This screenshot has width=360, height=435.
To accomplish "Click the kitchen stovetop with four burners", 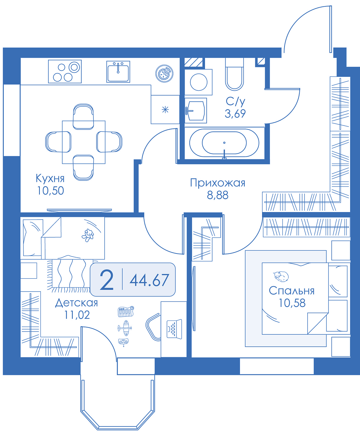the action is (65, 71).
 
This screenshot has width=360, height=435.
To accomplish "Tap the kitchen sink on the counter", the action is (118, 71).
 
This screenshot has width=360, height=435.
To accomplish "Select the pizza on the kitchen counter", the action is (164, 73).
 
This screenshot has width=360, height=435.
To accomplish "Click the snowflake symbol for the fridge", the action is (165, 109).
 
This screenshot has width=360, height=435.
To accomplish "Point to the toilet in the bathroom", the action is (235, 74).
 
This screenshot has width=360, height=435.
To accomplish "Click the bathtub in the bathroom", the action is (224, 143).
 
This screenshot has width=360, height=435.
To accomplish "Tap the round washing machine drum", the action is (199, 82).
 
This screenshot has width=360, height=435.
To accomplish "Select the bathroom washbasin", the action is (196, 111).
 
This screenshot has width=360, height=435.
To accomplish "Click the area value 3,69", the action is (235, 114).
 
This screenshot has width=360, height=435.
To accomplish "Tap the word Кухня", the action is (50, 178).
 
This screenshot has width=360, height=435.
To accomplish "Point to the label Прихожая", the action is (218, 183).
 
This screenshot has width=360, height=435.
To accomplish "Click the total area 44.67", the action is (149, 280).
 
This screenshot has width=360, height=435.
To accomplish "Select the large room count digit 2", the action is (106, 280).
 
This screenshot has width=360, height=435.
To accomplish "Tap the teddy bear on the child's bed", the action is (88, 235).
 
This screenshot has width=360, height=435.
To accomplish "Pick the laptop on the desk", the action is (174, 329).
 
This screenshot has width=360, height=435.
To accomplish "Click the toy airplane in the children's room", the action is (125, 328).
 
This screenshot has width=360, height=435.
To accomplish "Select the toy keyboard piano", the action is (126, 311).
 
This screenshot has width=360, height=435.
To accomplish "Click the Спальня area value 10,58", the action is (292, 303).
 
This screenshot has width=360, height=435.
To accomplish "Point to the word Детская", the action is (76, 303).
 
